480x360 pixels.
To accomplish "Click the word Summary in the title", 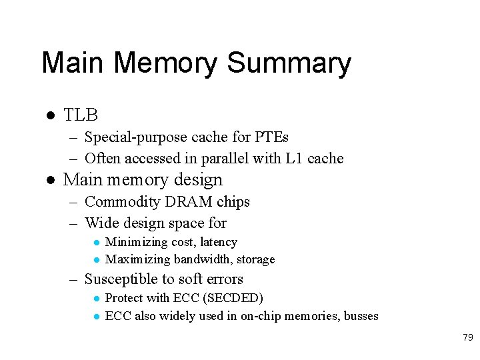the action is [x=289, y=64].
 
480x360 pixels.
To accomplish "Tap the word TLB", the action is [x=81, y=115].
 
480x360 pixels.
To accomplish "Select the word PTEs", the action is [x=272, y=137].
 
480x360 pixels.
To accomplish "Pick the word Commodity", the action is [x=121, y=201].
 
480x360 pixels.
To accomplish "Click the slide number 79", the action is [x=467, y=338].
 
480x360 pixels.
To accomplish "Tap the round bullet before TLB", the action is [x=49, y=116].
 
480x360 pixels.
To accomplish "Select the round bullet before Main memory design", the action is [x=49, y=181].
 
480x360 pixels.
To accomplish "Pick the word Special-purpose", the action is [x=136, y=137].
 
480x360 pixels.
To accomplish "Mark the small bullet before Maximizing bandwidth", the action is [x=97, y=260].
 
